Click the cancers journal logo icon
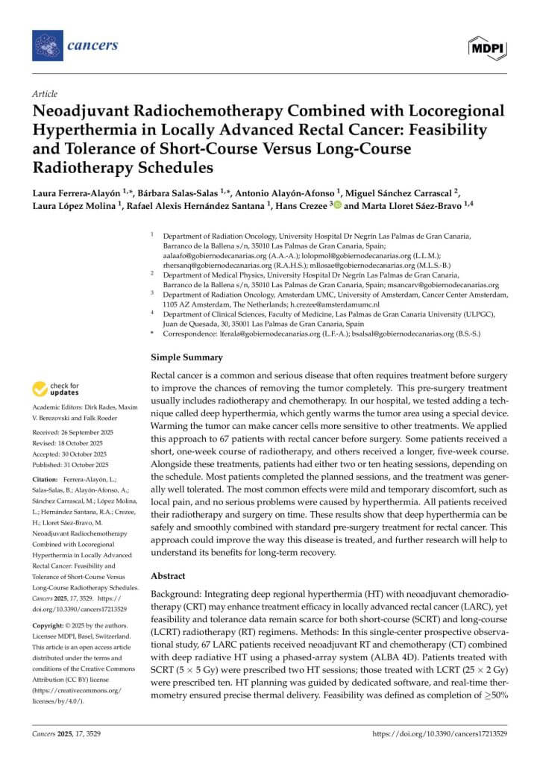pos(48,46)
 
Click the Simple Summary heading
pos(186,357)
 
